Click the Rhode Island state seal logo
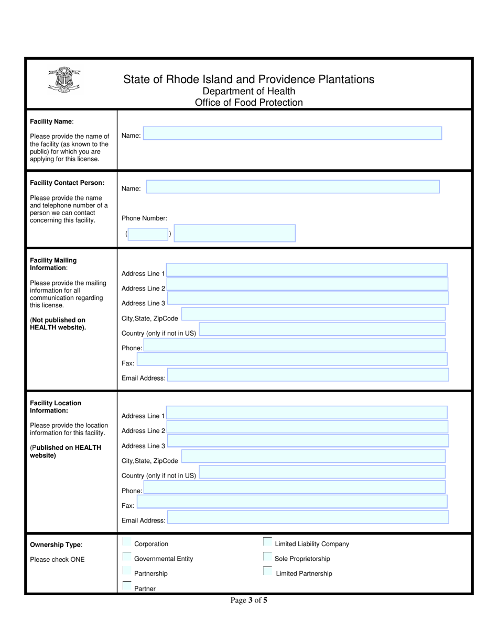pos(64,81)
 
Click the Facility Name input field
pos(293,134)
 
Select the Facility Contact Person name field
pos(293,187)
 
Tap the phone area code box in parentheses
pos(148,234)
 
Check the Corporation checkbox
pos(127,542)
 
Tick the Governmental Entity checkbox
pos(127,557)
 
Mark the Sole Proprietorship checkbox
pos(267,557)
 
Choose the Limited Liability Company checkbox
pos(267,542)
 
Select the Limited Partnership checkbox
pos(267,571)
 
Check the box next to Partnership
pos(127,571)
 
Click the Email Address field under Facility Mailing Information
pos(308,375)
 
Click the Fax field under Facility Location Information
pos(292,502)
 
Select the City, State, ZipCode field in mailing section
pos(313,314)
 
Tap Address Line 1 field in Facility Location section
pos(307,413)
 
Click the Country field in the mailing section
pos(322,329)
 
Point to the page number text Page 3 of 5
pos(248,601)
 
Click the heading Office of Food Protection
pos(248,103)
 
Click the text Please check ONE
pos(57,559)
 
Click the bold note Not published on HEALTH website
pos(58,324)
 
